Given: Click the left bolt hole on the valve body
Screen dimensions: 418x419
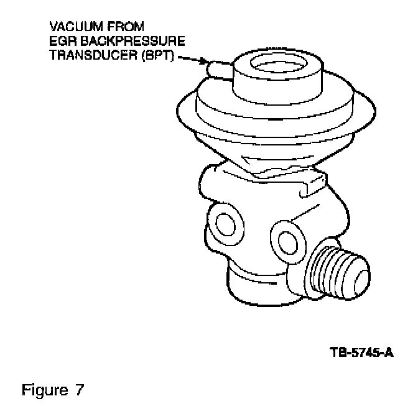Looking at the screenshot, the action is pos(223,223).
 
